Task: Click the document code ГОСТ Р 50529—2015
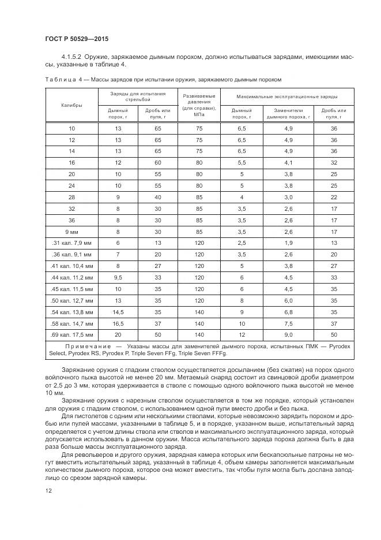point(77,39)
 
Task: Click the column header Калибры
point(71,105)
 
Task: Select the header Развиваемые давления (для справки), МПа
point(199,105)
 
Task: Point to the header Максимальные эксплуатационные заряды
point(285,96)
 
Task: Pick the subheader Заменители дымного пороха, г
point(288,113)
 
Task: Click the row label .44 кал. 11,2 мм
point(71,277)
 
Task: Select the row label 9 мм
point(71,232)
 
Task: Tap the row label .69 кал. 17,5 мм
point(71,334)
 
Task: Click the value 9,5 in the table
point(118,277)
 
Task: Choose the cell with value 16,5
point(118,323)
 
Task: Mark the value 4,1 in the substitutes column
point(288,163)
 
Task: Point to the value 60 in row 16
point(157,163)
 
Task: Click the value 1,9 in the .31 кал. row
point(288,243)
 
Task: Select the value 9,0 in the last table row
point(288,334)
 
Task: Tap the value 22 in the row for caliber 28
point(334,198)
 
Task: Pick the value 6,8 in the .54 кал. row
point(288,311)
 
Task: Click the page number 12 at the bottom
point(47,491)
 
